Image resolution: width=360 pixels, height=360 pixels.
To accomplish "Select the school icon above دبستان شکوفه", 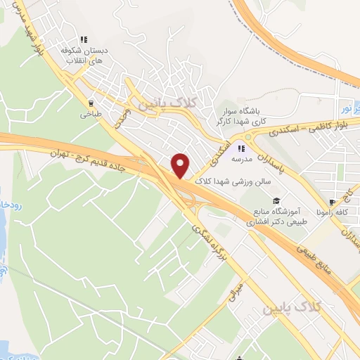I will (84, 40).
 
